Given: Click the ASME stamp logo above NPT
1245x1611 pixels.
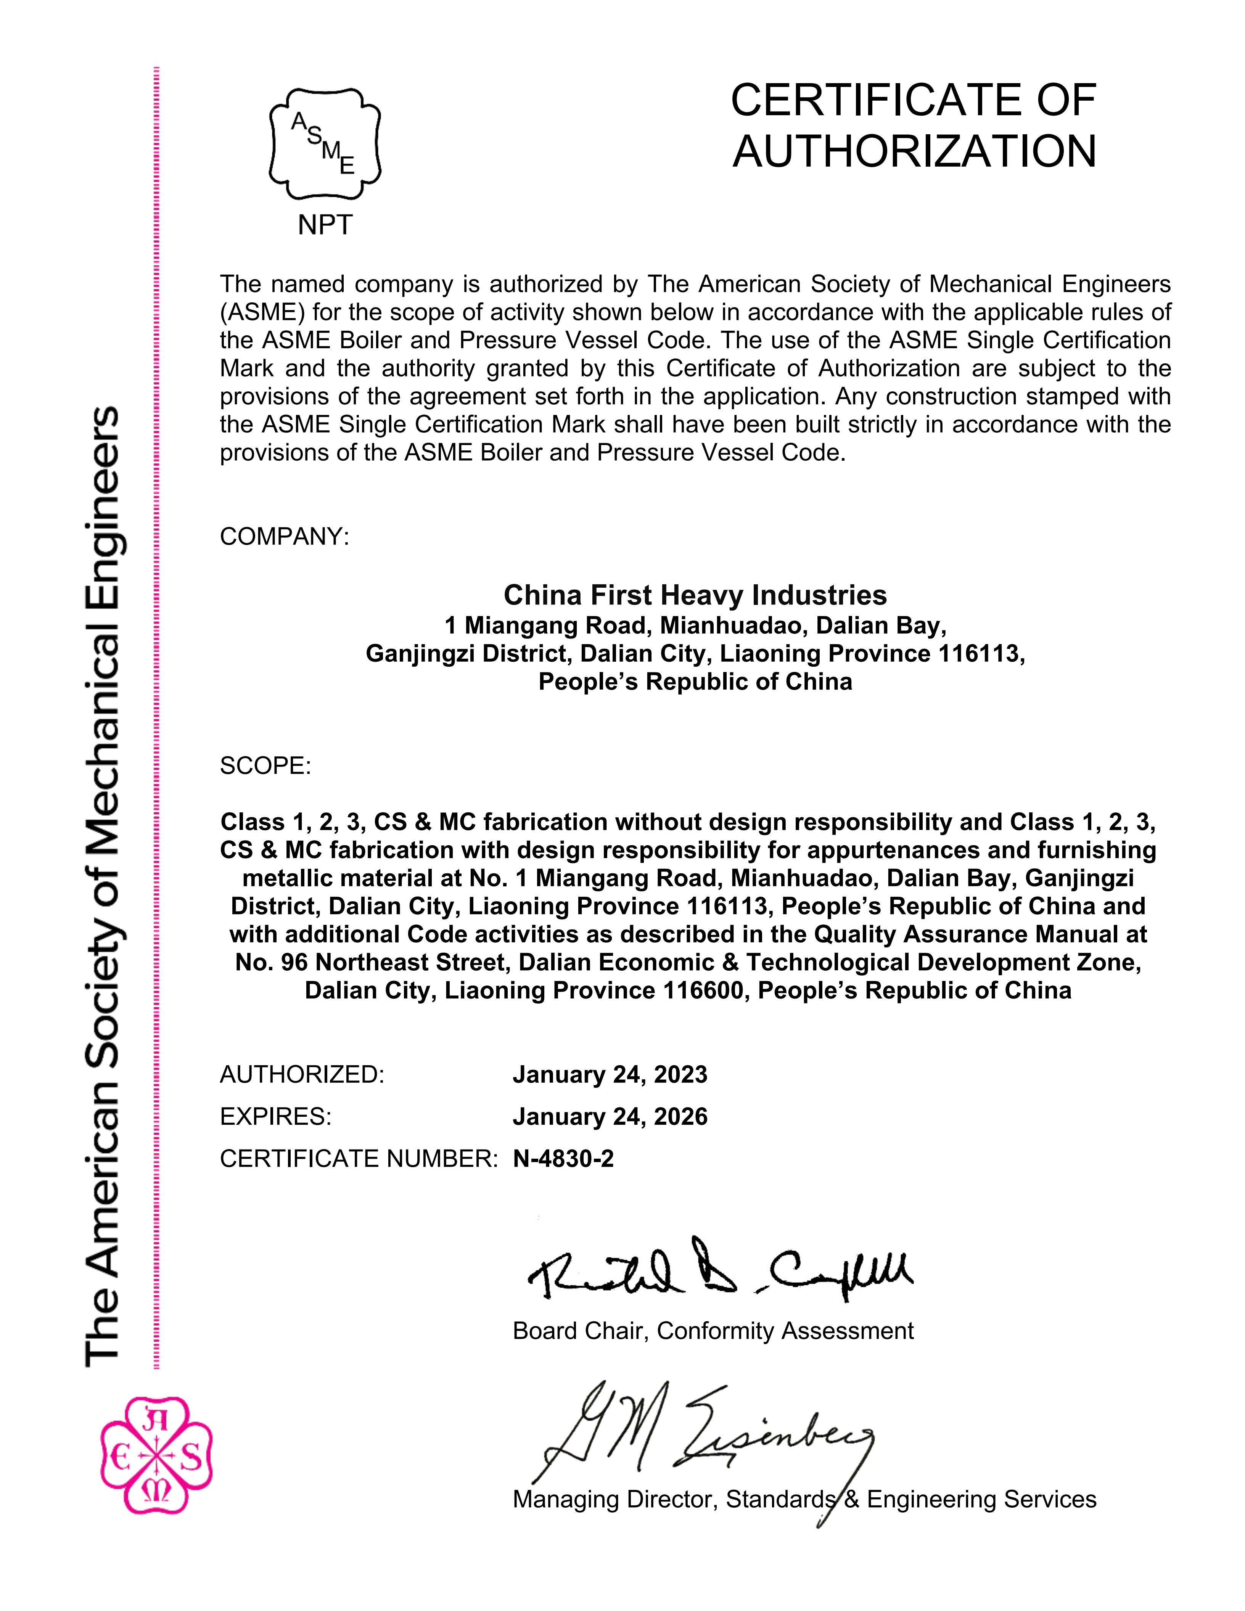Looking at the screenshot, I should pyautogui.click(x=325, y=144).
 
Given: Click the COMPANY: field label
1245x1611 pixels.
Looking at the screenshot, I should pyautogui.click(x=284, y=536).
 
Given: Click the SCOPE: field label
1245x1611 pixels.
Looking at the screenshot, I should pyautogui.click(x=265, y=766).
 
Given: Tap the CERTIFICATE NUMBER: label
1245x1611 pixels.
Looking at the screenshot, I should pyautogui.click(x=359, y=1159).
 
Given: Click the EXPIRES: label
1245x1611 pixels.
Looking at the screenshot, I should pyautogui.click(x=276, y=1117).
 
